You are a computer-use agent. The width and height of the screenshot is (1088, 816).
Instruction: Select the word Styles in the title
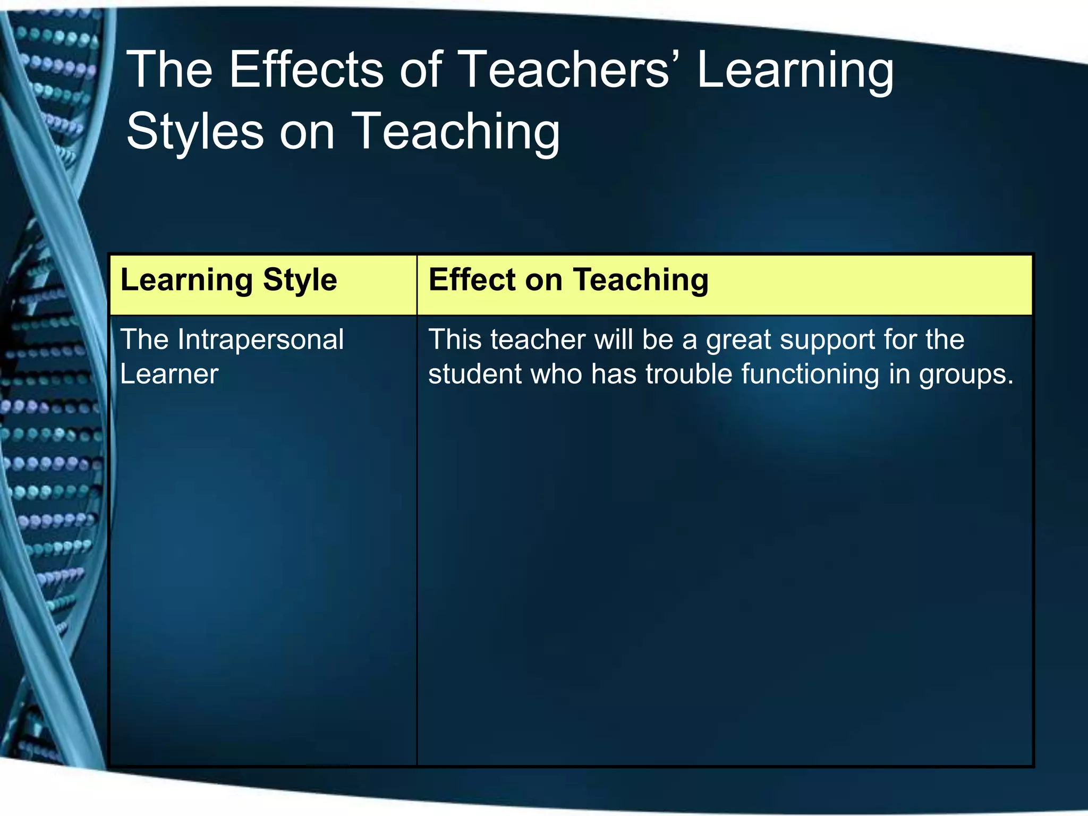pyautogui.click(x=194, y=131)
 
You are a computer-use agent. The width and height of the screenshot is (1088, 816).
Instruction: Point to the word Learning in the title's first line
pyautogui.click(x=795, y=71)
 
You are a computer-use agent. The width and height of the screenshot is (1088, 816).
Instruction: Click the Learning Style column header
pyautogui.click(x=228, y=280)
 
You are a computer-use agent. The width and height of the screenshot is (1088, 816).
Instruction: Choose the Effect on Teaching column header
pyautogui.click(x=568, y=280)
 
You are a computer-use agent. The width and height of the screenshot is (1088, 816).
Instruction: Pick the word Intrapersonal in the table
pyautogui.click(x=260, y=339)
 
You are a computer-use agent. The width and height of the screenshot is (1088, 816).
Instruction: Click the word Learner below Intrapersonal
pyautogui.click(x=169, y=374)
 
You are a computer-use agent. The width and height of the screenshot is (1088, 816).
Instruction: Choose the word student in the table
pyautogui.click(x=474, y=373)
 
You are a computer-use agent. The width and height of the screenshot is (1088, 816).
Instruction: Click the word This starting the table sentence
pyautogui.click(x=455, y=339)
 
